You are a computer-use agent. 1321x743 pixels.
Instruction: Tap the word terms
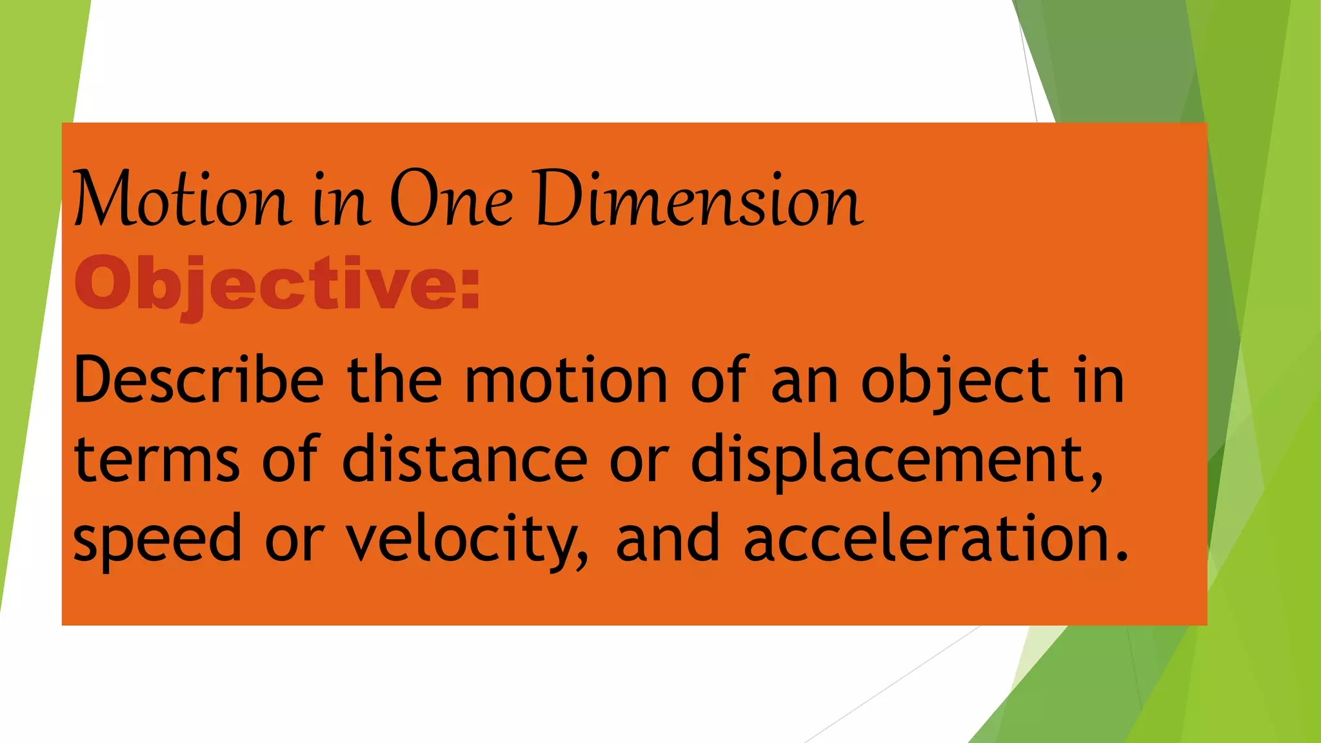coord(157,459)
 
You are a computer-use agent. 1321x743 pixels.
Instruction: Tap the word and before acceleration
coord(668,538)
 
